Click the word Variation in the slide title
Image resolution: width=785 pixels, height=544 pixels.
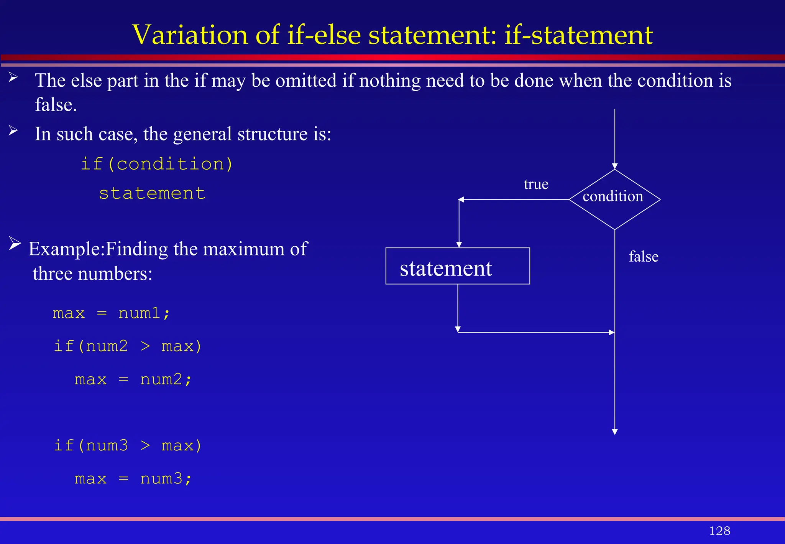pyautogui.click(x=190, y=35)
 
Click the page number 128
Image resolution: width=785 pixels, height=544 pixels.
pyautogui.click(x=719, y=531)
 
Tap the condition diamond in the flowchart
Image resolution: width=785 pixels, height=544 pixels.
pyautogui.click(x=614, y=199)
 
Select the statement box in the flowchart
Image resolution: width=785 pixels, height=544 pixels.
pyautogui.click(x=458, y=266)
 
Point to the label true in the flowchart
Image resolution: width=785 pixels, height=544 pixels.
pyautogui.click(x=536, y=185)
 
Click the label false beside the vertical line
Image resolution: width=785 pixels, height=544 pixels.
pyautogui.click(x=644, y=257)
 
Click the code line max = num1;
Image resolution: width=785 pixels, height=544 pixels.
pyautogui.click(x=111, y=313)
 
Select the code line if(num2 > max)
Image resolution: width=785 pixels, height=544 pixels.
pyautogui.click(x=128, y=346)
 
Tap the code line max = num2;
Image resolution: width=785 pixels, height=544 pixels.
pyautogui.click(x=133, y=379)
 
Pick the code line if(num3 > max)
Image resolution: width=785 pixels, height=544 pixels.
pyautogui.click(x=128, y=446)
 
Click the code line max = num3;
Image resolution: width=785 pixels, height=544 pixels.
pyautogui.click(x=133, y=479)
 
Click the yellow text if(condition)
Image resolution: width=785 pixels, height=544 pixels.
pyautogui.click(x=157, y=164)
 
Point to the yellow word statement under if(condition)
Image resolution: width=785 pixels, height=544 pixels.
pyautogui.click(x=152, y=193)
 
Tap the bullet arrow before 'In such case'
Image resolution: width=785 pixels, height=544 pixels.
pyautogui.click(x=13, y=131)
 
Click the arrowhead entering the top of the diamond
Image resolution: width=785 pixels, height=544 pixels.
pyautogui.click(x=615, y=166)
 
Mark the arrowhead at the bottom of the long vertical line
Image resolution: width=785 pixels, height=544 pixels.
pyautogui.click(x=615, y=432)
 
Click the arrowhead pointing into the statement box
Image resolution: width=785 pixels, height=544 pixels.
pyautogui.click(x=459, y=245)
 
